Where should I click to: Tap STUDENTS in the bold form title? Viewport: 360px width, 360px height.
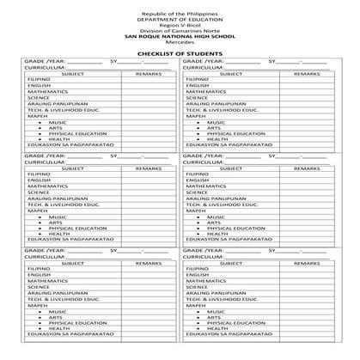pos(206,53)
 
